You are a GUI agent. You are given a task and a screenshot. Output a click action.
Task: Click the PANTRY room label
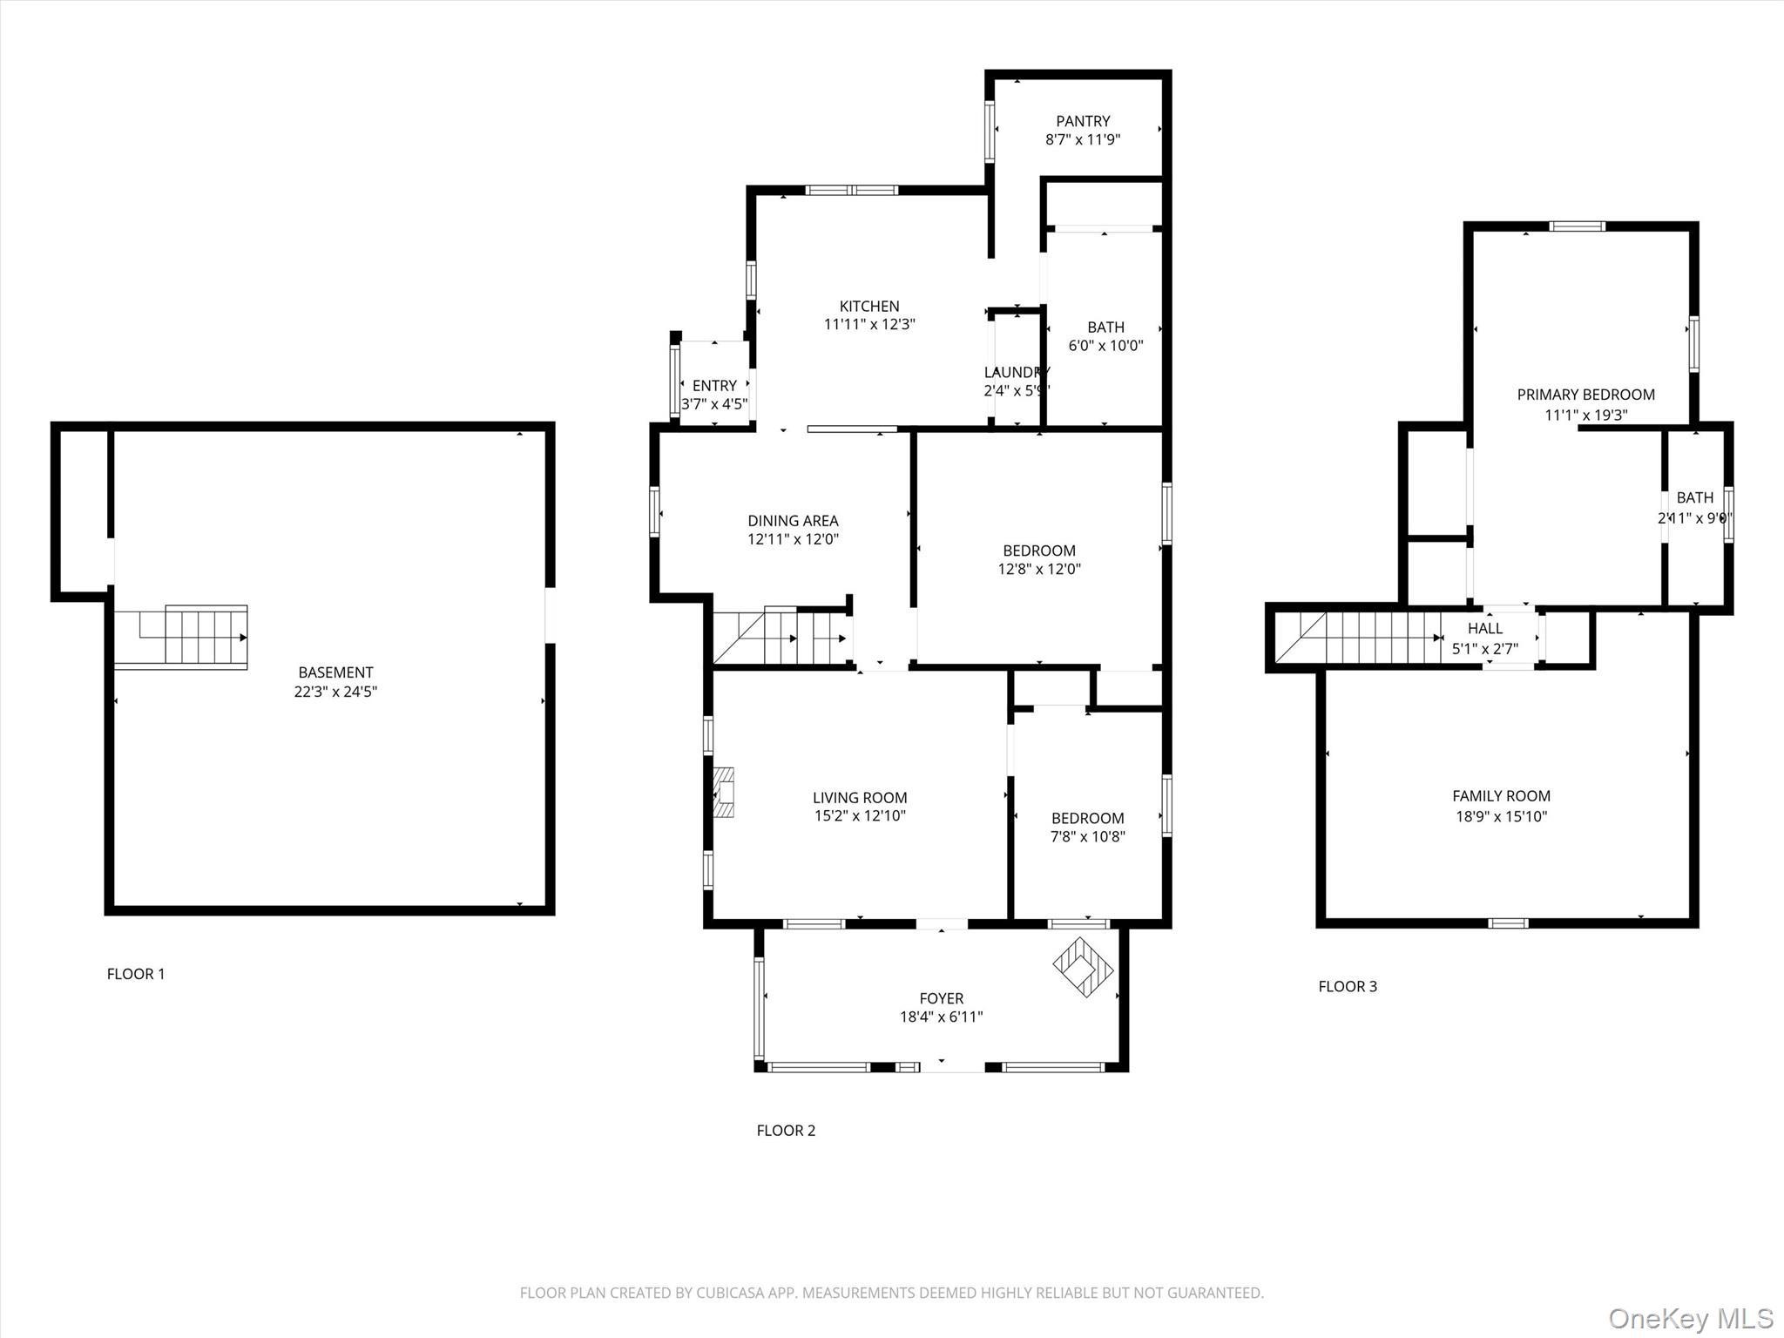(x=1083, y=121)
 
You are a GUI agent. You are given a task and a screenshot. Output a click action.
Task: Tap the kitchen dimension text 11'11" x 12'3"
(x=869, y=325)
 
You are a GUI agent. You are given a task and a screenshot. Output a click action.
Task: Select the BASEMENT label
(x=335, y=672)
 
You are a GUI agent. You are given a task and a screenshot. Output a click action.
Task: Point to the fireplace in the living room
(x=723, y=792)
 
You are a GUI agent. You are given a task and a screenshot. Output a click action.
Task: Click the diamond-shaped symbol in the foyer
(x=1084, y=967)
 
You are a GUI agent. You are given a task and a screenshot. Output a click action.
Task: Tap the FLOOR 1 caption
(x=136, y=974)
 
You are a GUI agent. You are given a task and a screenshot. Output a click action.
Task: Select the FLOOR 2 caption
(x=786, y=1131)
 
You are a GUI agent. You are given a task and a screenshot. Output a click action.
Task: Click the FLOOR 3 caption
(x=1348, y=986)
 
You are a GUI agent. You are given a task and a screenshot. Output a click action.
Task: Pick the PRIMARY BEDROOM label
(x=1585, y=395)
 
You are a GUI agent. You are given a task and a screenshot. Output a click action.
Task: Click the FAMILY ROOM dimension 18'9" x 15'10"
(x=1501, y=816)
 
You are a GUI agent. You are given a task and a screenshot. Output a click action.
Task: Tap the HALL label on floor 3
(x=1485, y=628)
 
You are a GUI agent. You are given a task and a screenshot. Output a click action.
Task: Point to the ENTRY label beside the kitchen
(x=714, y=385)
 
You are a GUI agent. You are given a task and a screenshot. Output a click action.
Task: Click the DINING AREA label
(x=793, y=521)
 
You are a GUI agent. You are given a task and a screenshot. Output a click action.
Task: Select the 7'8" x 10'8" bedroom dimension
(x=1087, y=837)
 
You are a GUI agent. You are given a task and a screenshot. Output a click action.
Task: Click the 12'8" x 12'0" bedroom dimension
(x=1039, y=569)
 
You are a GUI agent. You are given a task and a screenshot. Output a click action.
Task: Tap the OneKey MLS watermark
(x=1690, y=1318)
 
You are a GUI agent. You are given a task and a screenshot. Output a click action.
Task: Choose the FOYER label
(x=941, y=998)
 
